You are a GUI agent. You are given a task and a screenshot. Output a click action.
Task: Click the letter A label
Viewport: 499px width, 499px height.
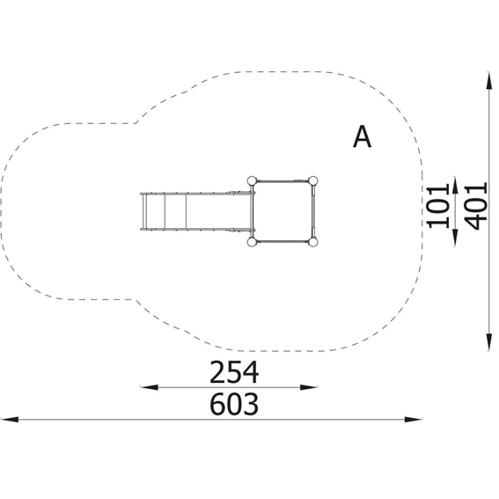point(363,136)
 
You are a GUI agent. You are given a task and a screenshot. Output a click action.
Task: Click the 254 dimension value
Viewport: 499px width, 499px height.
point(234,372)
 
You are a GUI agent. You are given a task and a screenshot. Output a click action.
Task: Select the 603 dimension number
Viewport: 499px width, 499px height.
point(234,404)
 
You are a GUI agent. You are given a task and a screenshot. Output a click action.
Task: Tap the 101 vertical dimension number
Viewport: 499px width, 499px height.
point(438,206)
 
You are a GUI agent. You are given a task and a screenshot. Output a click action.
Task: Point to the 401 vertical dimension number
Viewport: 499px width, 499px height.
point(476,206)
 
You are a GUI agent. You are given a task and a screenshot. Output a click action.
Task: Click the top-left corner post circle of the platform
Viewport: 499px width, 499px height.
point(252,181)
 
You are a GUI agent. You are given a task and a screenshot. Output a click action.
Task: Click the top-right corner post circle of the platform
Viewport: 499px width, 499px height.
point(312,181)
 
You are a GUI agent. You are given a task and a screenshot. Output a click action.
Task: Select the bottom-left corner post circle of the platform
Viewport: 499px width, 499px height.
point(252,242)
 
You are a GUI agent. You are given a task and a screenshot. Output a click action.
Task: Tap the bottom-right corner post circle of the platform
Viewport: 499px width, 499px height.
point(312,242)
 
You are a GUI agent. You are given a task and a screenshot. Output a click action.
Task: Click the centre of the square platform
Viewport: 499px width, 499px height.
point(283,211)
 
